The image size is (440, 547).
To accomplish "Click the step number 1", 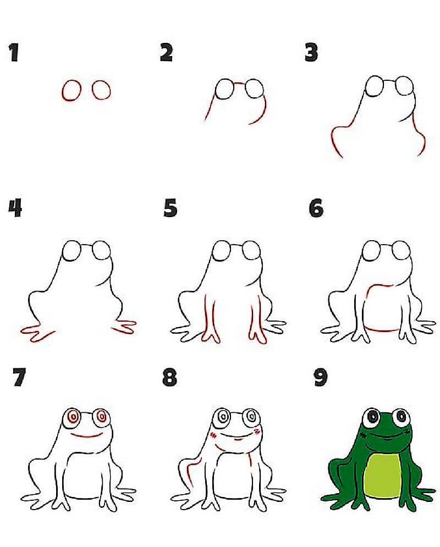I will click(14, 53).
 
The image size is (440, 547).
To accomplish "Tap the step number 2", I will click(166, 53).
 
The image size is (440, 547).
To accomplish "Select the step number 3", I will click(311, 53).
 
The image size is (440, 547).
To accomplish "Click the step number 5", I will click(170, 209).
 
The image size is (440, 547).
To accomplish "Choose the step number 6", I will click(316, 209).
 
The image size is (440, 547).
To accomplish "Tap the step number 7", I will click(19, 378).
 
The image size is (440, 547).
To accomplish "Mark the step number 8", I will click(170, 378).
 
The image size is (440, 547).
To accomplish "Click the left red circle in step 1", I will click(71, 91).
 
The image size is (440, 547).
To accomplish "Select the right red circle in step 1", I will click(101, 90).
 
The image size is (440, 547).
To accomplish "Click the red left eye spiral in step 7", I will click(73, 417).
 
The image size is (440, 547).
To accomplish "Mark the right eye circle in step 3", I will click(404, 86).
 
